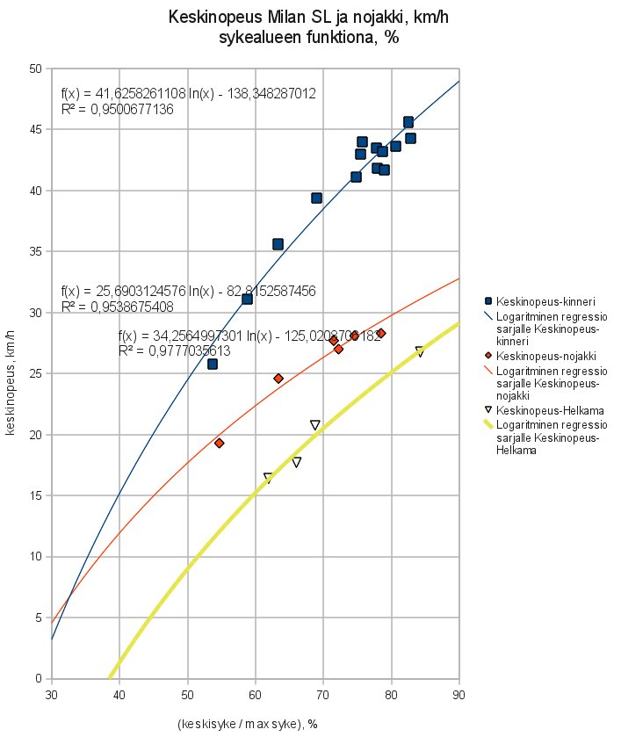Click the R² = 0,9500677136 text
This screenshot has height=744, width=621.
117,110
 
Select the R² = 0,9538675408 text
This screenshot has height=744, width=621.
117,307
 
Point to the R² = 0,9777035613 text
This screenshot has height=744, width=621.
174,350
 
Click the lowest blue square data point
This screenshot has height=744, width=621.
212,364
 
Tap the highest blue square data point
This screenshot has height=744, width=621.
408,122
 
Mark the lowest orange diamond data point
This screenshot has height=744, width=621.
219,443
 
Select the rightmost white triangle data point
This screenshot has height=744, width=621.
420,351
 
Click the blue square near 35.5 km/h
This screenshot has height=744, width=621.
278,244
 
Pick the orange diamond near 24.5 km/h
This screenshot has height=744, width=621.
278,379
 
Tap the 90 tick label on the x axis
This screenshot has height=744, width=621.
459,695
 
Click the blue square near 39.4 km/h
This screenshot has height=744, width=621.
316,198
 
